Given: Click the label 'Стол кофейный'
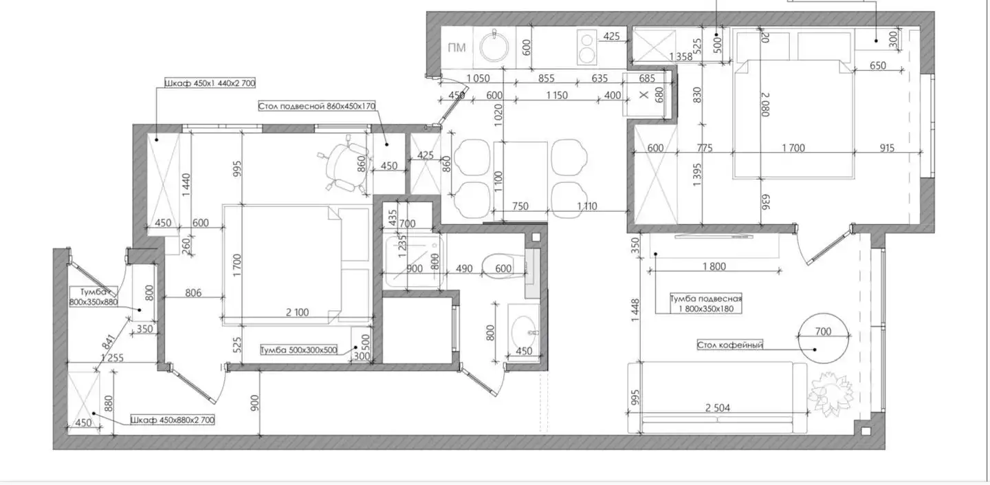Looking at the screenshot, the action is click(729, 345).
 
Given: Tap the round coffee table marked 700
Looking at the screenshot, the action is click(824, 338).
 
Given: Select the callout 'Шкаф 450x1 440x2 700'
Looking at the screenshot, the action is click(210, 83).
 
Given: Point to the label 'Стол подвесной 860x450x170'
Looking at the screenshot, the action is click(316, 106).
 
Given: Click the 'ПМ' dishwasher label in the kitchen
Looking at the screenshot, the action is click(456, 47).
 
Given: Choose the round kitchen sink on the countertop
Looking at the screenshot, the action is click(494, 46).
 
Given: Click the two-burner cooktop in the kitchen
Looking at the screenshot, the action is click(586, 47).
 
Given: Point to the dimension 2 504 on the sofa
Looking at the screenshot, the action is click(717, 408).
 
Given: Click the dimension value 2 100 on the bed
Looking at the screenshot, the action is click(297, 312).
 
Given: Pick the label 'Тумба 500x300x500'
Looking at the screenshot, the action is click(299, 350).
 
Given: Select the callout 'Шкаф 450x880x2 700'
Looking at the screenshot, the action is click(173, 420).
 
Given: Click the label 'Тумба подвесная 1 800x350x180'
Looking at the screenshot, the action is click(705, 304).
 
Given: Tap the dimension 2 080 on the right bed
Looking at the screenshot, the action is click(765, 105).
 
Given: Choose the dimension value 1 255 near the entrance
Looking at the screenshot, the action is click(112, 358).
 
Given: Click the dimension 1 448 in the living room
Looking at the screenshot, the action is click(635, 310).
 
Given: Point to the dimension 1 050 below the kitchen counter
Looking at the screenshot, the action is click(478, 78).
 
